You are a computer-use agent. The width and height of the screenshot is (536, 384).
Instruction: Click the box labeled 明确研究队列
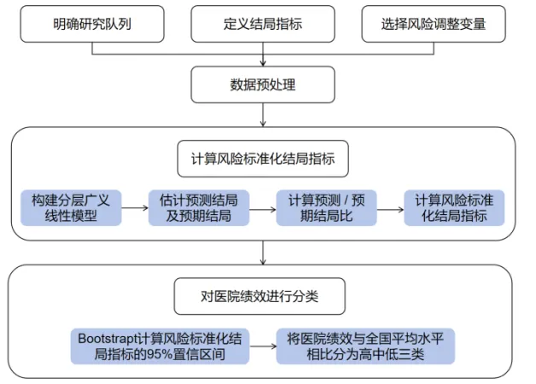tap(92, 24)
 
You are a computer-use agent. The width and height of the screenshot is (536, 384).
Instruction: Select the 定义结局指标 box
tap(263, 24)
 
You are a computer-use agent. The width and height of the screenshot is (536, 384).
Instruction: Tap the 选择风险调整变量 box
tap(434, 24)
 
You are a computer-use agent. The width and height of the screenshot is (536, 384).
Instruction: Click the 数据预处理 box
tap(263, 85)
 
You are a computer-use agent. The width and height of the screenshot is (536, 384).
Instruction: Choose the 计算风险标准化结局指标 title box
tap(263, 159)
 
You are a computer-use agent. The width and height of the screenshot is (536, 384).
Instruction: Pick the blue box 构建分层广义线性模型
tap(71, 208)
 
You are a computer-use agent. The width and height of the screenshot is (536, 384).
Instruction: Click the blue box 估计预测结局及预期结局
tap(198, 208)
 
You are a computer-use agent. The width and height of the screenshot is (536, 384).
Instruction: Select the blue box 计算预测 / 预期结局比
tap(326, 208)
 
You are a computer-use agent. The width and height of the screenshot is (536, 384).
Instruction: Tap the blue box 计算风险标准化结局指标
tap(454, 208)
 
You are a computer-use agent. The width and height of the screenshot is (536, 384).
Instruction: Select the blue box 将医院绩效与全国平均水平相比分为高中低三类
tap(365, 346)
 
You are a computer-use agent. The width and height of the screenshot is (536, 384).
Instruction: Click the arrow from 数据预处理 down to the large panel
tap(263, 115)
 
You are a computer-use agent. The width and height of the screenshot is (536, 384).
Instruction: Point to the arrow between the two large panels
tap(263, 253)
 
